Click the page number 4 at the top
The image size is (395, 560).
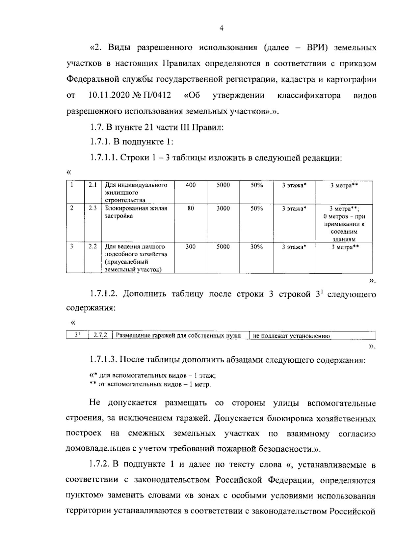(x=221, y=29)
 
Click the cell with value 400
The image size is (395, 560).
(x=191, y=185)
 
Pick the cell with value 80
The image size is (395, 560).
(x=191, y=209)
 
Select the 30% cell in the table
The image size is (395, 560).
(x=256, y=247)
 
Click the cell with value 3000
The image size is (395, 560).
(x=223, y=209)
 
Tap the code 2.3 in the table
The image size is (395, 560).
(x=92, y=209)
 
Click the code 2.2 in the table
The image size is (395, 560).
(x=92, y=247)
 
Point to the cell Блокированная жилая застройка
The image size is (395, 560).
(x=136, y=212)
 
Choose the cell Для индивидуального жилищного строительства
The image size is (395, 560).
(x=136, y=192)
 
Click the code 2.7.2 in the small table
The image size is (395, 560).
(x=100, y=336)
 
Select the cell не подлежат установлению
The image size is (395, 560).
(x=291, y=336)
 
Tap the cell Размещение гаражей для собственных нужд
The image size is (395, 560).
(x=179, y=336)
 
